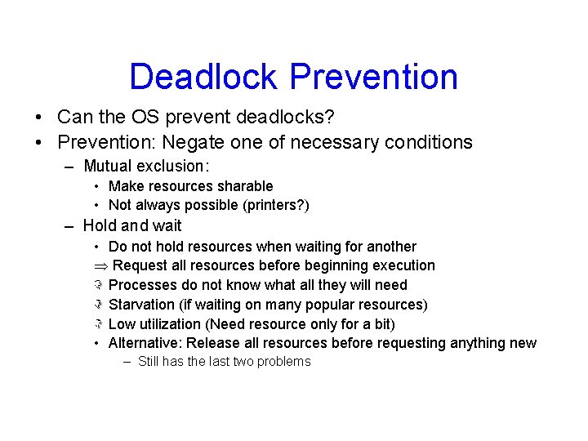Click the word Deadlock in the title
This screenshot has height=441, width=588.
[204, 77]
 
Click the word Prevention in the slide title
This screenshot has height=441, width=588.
[374, 77]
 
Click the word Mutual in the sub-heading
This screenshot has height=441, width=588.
[108, 167]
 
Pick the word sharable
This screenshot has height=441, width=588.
[244, 186]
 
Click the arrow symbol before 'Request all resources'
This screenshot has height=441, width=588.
[100, 266]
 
